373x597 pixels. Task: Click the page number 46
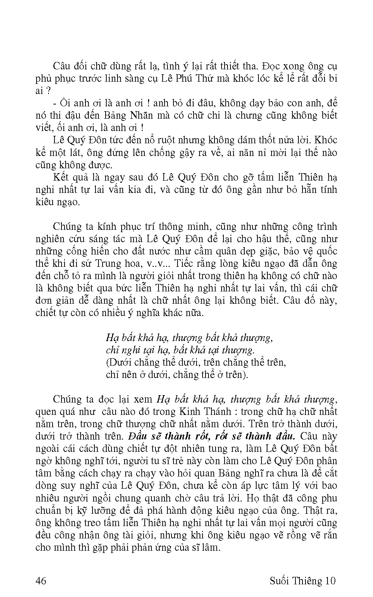41,581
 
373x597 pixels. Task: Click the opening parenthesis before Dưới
107,362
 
